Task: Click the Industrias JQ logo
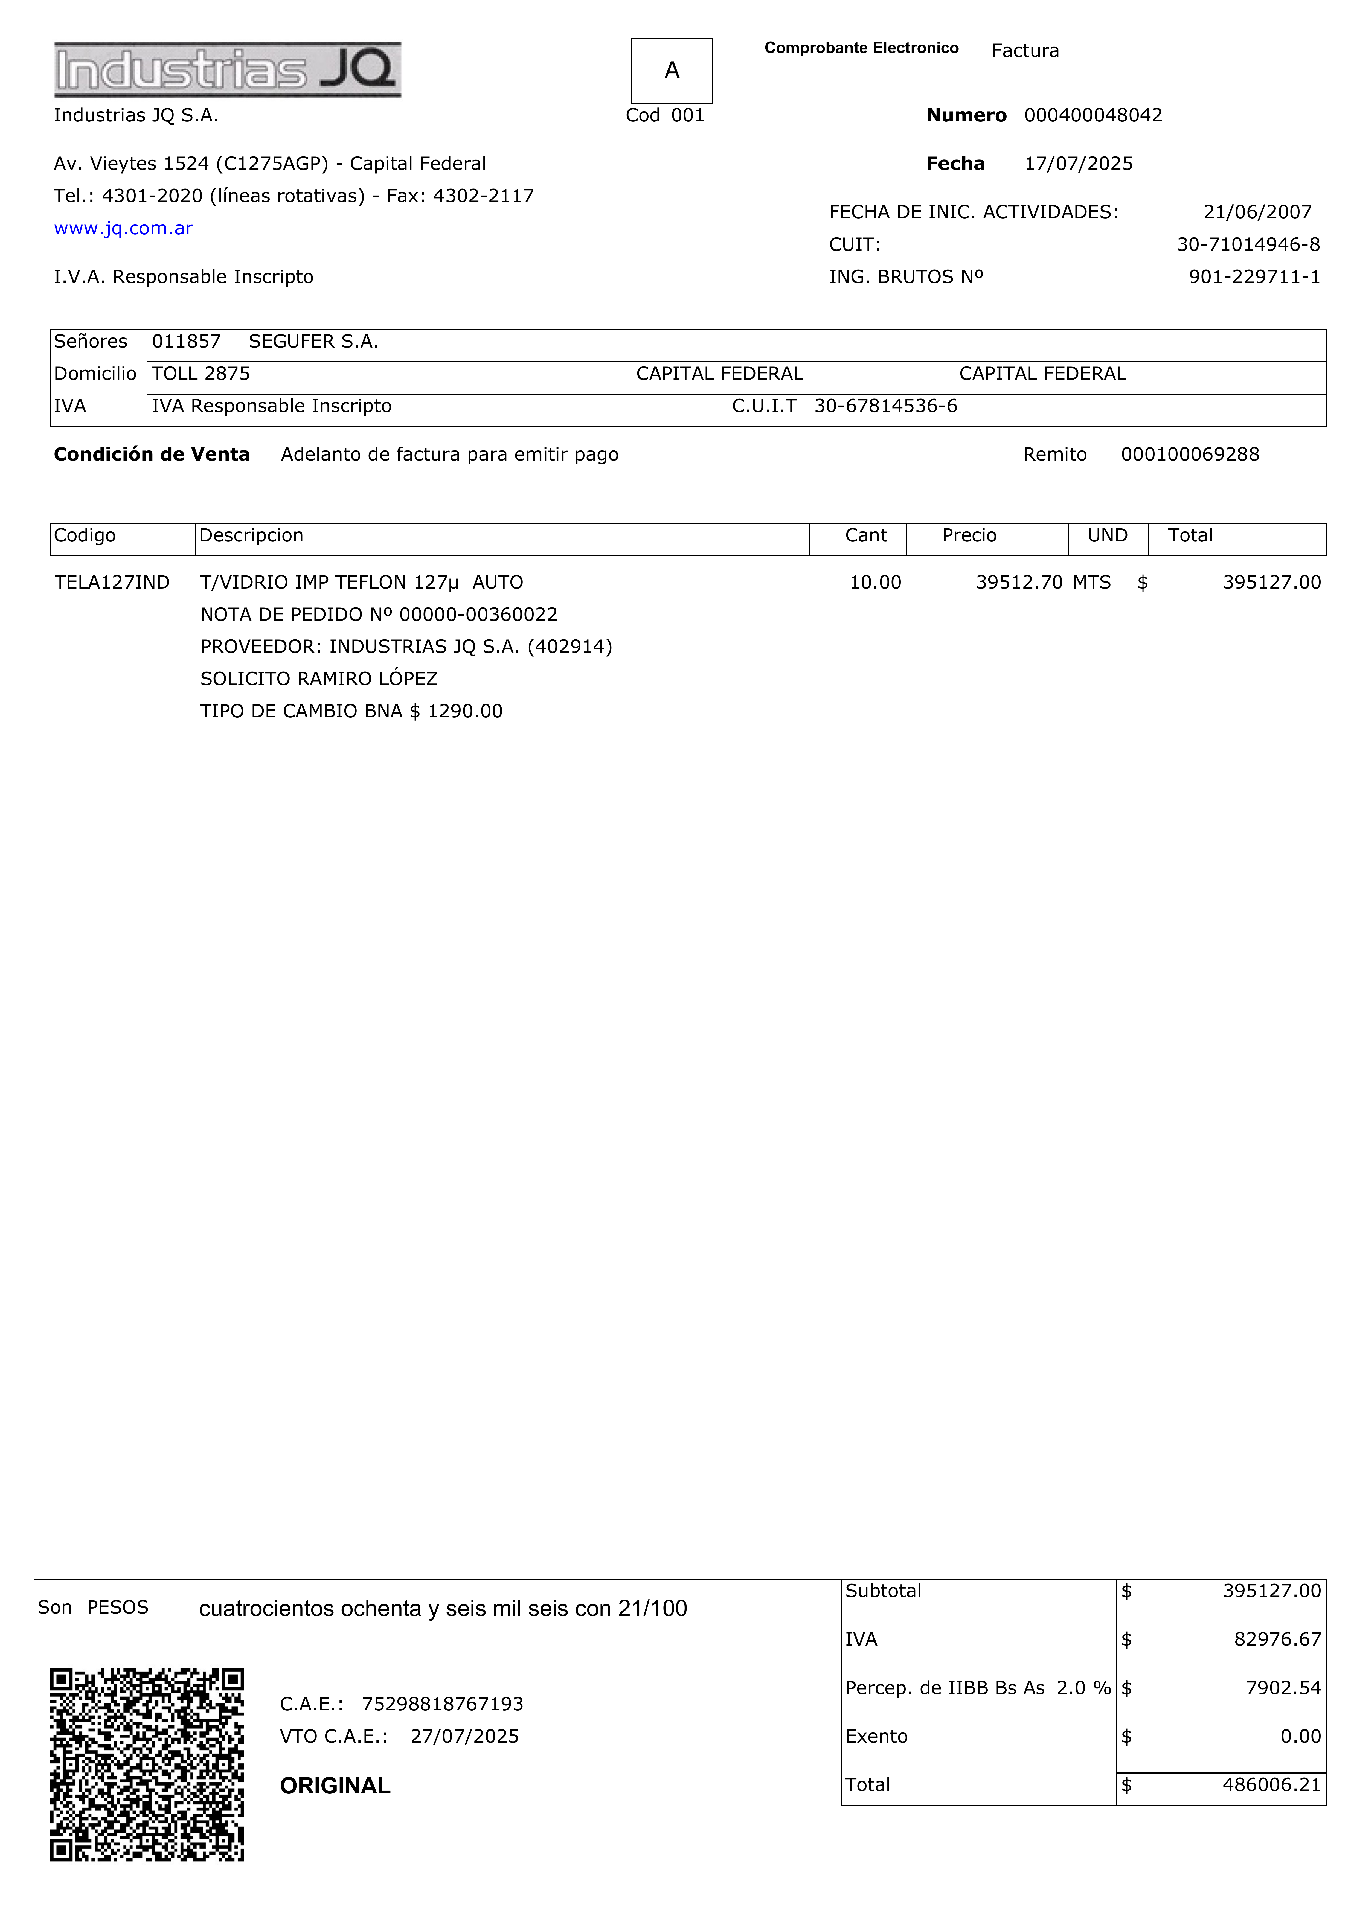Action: (227, 69)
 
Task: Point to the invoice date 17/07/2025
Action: (1078, 164)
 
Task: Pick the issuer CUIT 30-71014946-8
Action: (1248, 245)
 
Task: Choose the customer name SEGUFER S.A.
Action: (313, 342)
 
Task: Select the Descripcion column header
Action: (251, 536)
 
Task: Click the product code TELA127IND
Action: (112, 583)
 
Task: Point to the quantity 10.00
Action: (875, 583)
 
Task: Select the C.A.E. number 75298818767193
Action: (442, 1704)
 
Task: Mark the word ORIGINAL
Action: (335, 1786)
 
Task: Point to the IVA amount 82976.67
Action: (1277, 1640)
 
